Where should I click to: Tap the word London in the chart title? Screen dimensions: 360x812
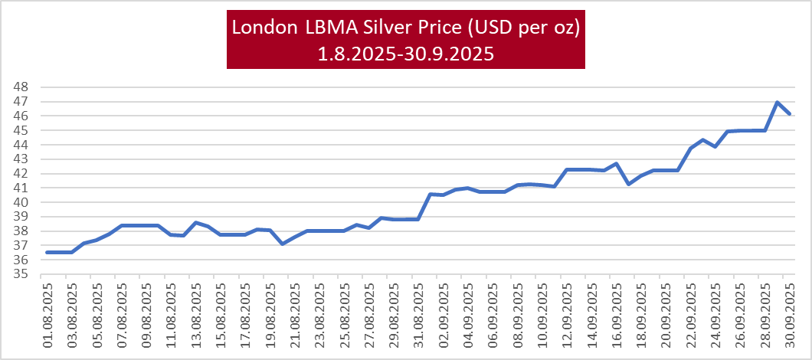262,28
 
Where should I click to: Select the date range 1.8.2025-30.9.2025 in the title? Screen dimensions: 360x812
406,54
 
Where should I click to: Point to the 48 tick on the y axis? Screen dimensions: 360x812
21,87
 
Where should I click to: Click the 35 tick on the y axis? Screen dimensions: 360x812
21,274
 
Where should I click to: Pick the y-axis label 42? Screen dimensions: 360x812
21,173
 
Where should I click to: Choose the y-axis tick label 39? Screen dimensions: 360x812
21,217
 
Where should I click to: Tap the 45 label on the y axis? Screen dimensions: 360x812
21,130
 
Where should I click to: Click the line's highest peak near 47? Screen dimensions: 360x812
777,102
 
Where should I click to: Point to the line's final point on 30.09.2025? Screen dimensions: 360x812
790,114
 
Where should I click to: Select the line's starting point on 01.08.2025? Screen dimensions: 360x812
47,252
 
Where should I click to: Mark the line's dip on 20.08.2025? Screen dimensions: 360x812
283,244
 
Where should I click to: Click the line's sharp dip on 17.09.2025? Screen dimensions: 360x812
629,184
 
